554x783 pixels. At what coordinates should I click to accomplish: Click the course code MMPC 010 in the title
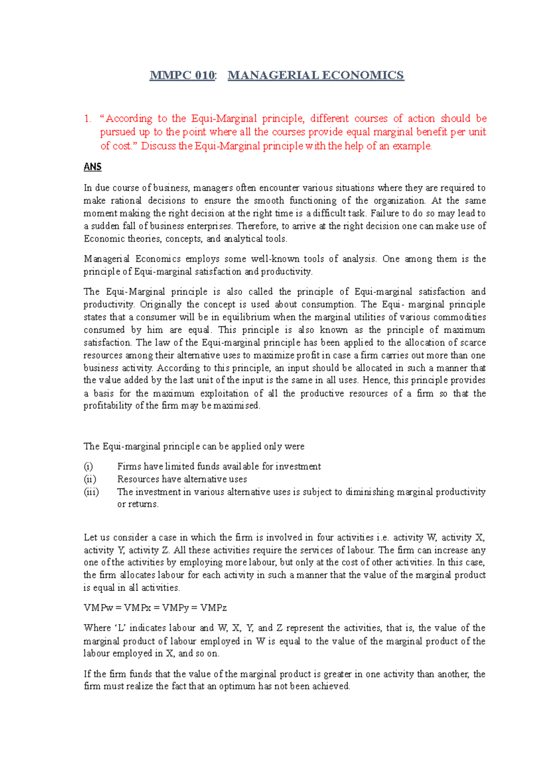pos(182,75)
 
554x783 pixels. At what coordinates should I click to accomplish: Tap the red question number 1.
pos(87,119)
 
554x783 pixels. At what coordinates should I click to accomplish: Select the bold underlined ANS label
pos(92,167)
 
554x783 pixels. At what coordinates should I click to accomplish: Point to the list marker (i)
pos(88,466)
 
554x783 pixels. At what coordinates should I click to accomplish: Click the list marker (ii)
pos(90,479)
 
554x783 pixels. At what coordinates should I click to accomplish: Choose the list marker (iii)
pos(91,492)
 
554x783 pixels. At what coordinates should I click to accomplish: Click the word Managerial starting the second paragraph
pos(106,259)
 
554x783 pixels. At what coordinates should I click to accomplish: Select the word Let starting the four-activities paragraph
pos(90,537)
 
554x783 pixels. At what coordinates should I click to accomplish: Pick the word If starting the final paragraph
pos(87,674)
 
